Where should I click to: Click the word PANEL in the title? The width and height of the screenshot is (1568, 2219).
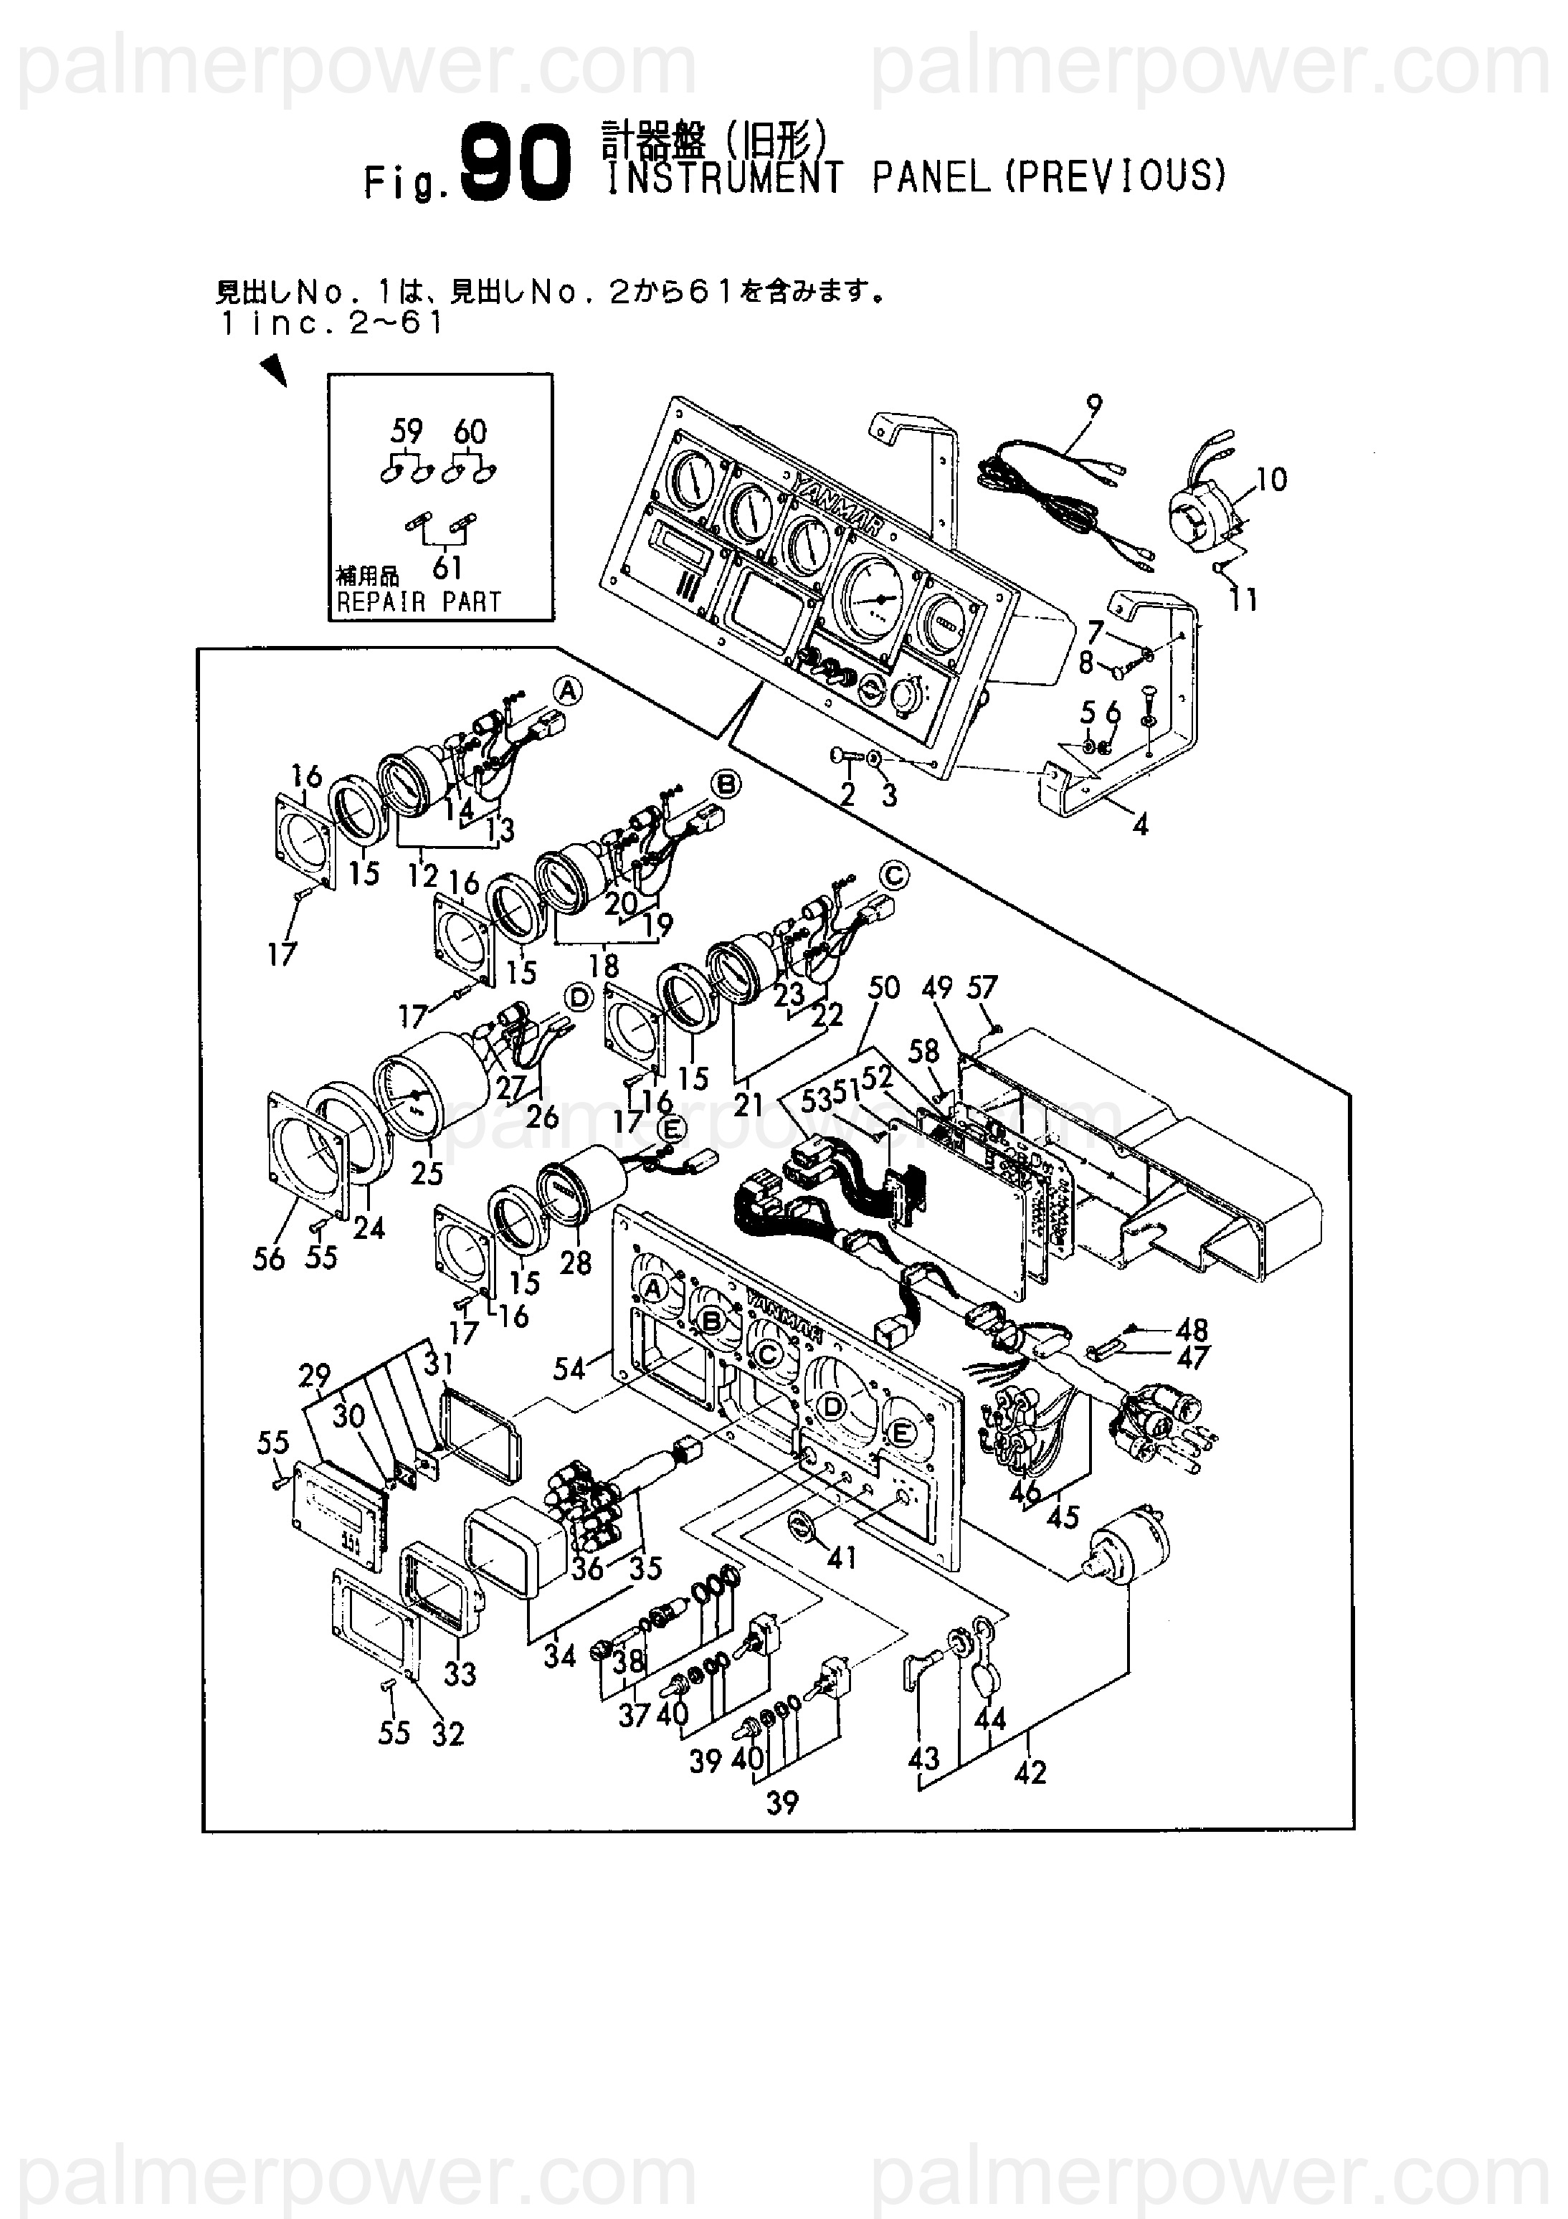(x=931, y=178)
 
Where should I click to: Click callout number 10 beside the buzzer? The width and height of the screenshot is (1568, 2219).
(x=1272, y=480)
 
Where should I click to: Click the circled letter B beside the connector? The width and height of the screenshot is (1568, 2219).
(x=726, y=784)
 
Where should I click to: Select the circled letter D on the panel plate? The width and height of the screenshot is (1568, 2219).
(x=832, y=1408)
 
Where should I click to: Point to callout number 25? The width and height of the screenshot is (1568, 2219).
(x=427, y=1172)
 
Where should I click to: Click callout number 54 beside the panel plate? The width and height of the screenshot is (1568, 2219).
(x=569, y=1369)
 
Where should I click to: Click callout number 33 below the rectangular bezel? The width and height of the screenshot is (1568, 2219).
(x=460, y=1673)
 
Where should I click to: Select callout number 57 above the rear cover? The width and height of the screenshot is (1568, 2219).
(x=982, y=988)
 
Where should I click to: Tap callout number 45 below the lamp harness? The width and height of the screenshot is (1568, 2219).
(x=1063, y=1517)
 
